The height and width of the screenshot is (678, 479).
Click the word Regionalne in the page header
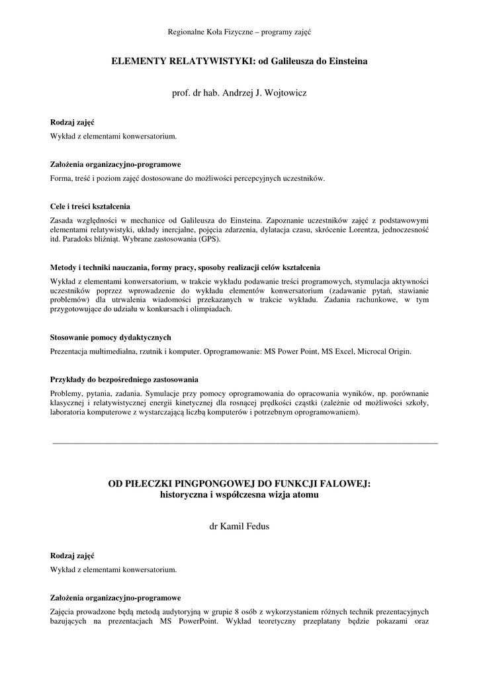coord(187,32)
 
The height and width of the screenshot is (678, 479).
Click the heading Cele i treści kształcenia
coord(90,206)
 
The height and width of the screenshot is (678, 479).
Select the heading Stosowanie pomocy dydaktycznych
coord(110,337)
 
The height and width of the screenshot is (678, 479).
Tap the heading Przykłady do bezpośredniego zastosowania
coord(124,379)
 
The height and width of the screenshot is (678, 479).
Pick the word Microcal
coord(374,351)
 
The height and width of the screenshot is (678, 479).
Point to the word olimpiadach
coord(211,309)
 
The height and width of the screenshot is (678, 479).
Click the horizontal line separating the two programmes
coord(244,442)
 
